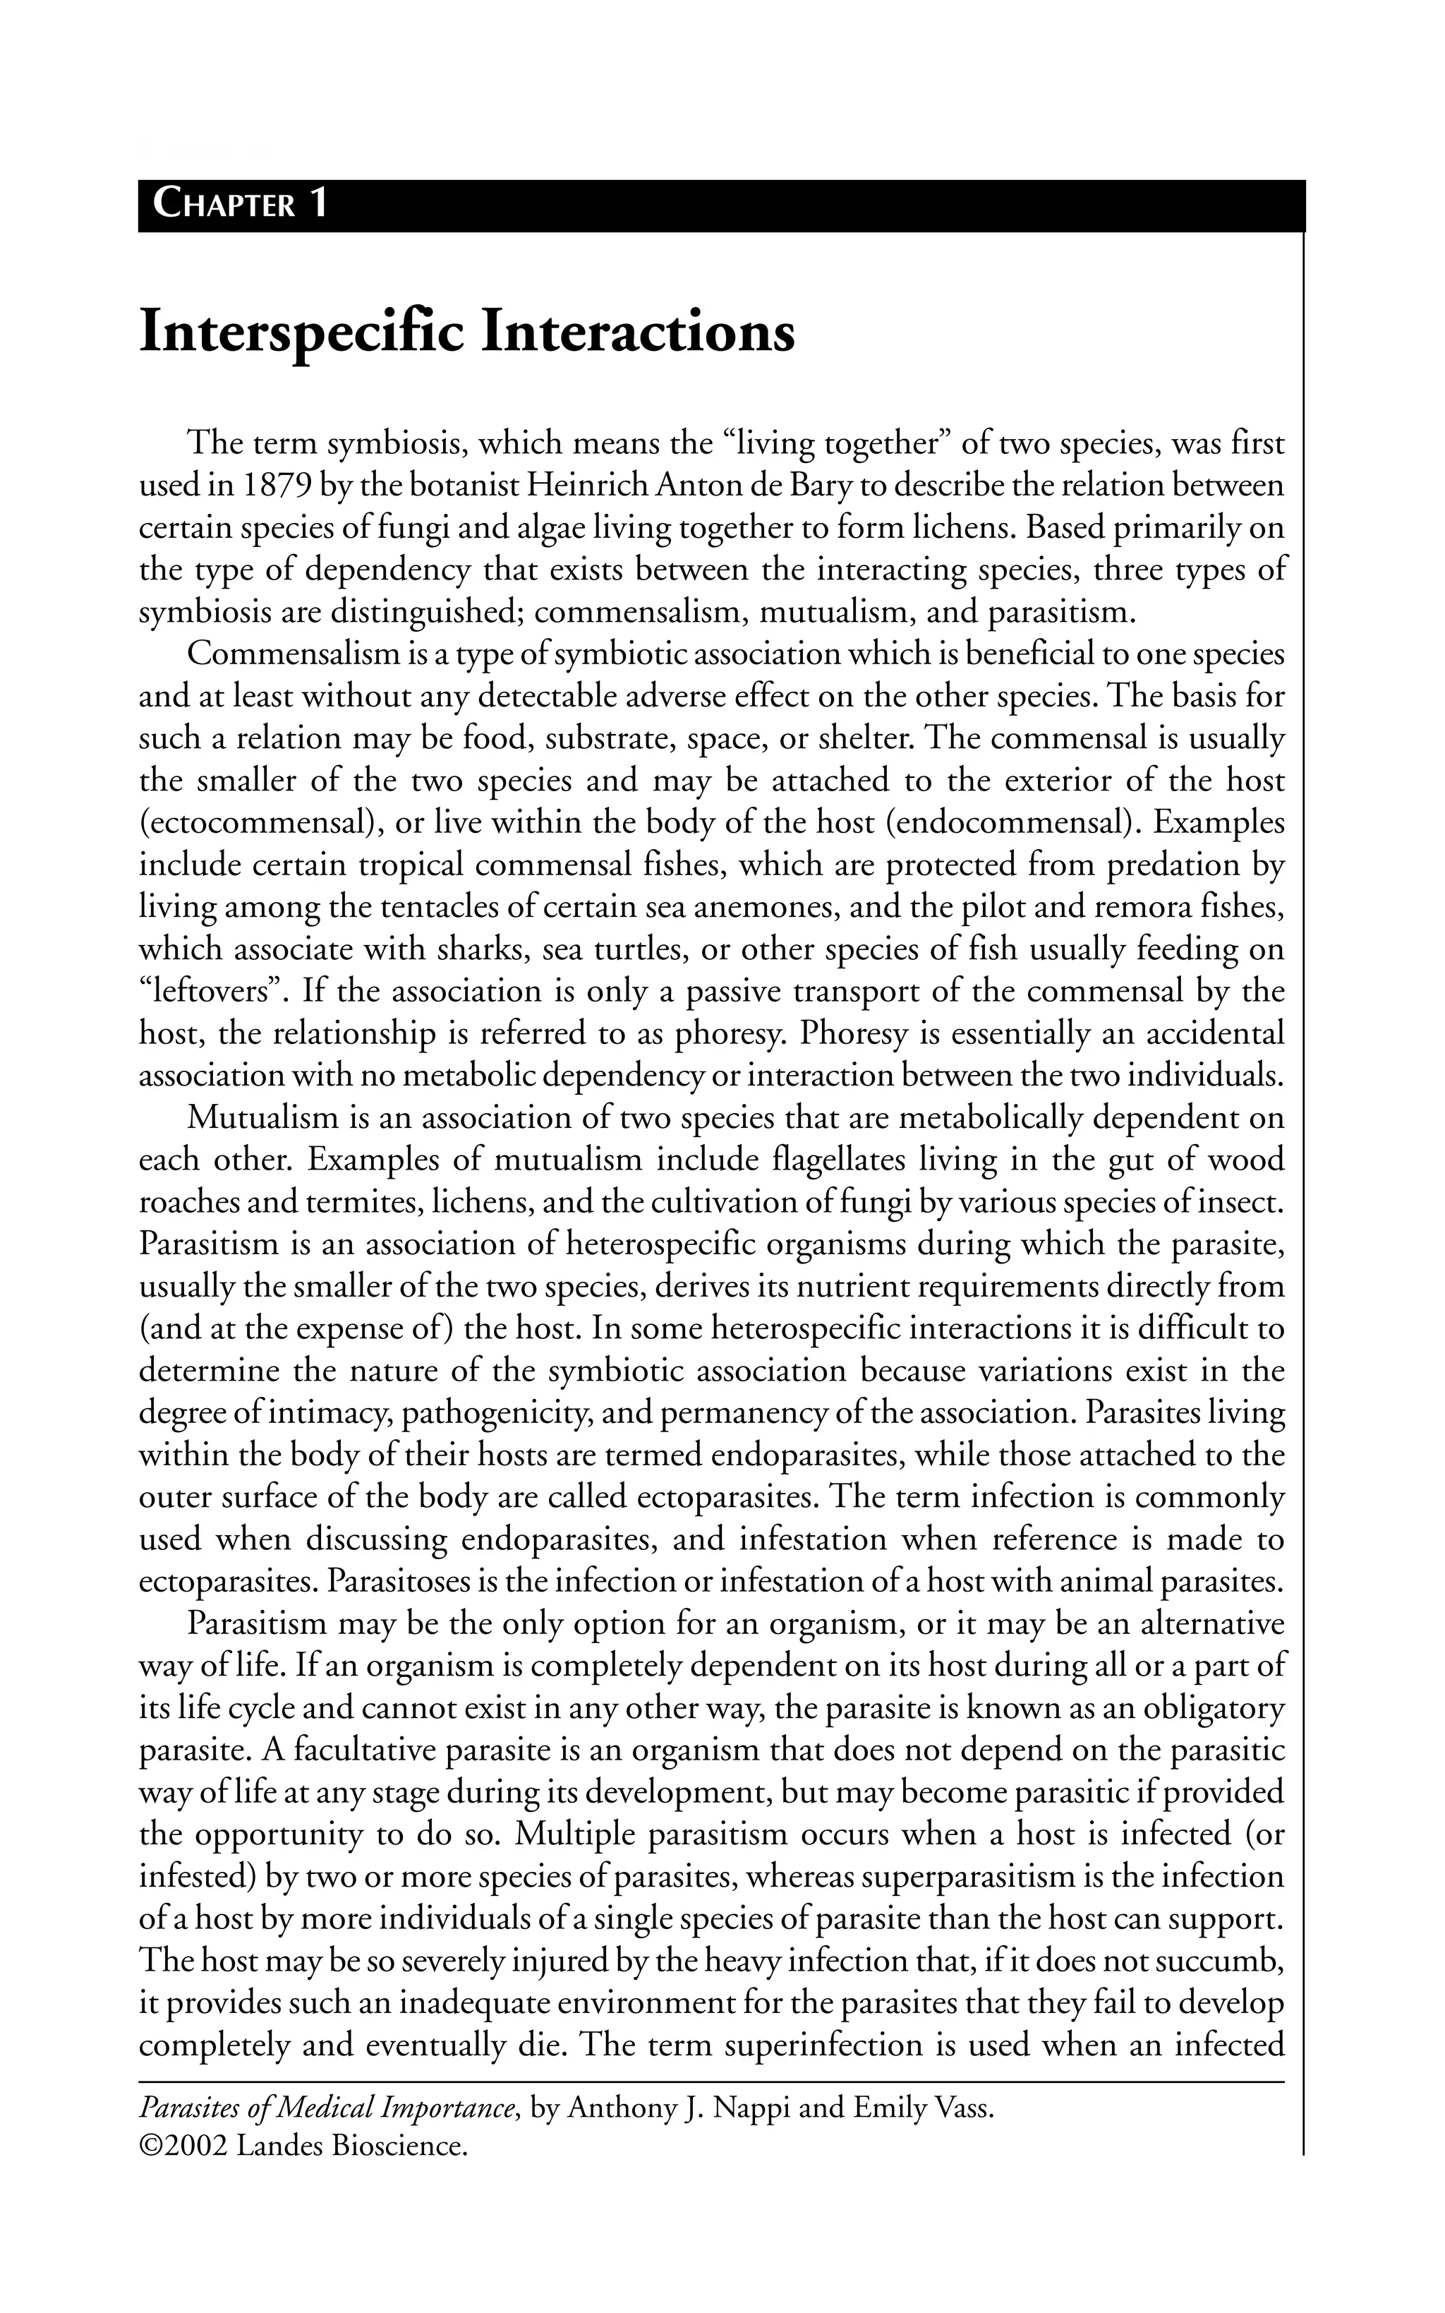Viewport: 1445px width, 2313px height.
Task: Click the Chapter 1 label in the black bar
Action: click(x=241, y=205)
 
